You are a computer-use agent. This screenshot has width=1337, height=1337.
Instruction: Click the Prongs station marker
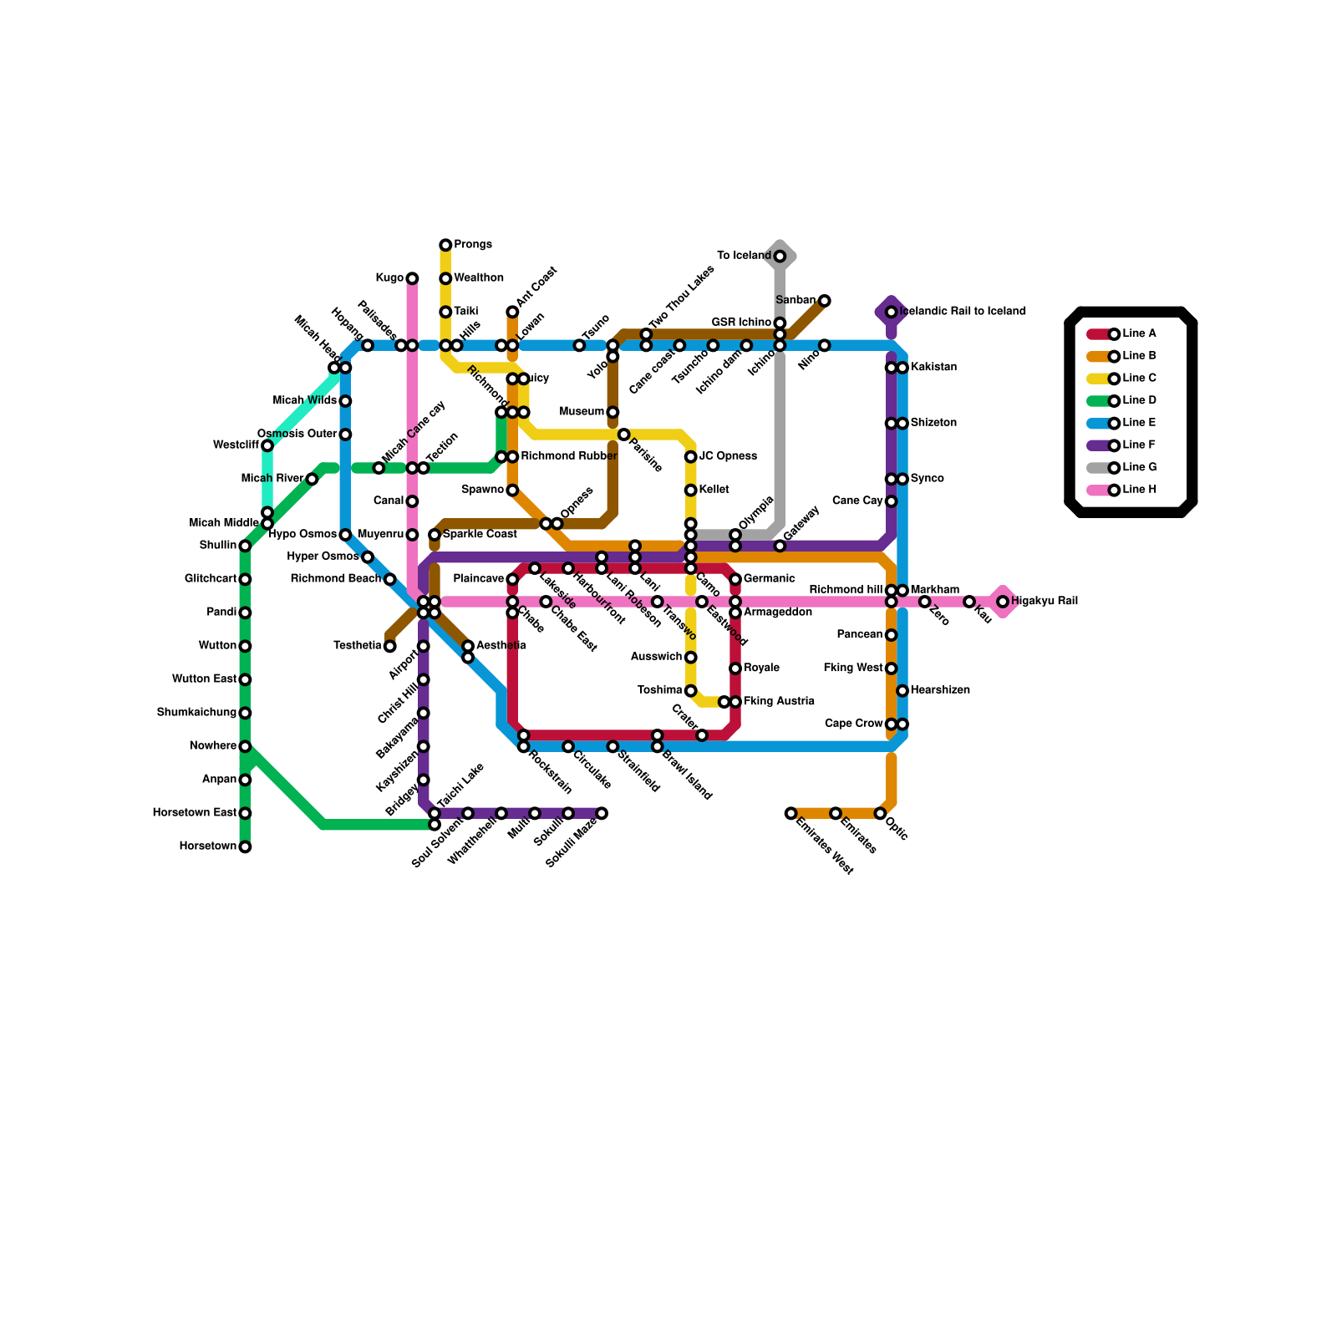[x=445, y=245]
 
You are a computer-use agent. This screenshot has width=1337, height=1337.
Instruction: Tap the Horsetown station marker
[x=245, y=846]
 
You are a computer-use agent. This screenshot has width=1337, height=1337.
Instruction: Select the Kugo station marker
[x=412, y=278]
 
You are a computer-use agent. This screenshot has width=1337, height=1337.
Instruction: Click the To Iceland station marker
[x=780, y=257]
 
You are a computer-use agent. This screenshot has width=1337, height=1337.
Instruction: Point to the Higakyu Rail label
[x=1044, y=602]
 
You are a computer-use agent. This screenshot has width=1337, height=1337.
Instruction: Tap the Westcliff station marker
[x=267, y=445]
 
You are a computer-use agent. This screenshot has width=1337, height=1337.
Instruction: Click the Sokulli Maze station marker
[x=602, y=813]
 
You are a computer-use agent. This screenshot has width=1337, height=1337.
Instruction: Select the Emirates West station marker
[x=791, y=813]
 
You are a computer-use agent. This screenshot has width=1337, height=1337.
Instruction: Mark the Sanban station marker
[x=825, y=301]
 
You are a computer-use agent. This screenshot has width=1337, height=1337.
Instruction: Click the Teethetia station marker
[x=390, y=646]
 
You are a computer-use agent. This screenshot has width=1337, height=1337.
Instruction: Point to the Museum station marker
[x=613, y=412]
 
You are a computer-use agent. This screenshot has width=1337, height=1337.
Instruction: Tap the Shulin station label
[x=218, y=546]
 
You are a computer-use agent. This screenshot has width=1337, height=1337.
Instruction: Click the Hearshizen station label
[x=940, y=691]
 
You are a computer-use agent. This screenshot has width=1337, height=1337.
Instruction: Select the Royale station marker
[x=735, y=668]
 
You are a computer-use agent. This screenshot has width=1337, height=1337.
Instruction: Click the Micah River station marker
[x=312, y=479]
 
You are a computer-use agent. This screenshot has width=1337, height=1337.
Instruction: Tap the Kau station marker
[x=969, y=602]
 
